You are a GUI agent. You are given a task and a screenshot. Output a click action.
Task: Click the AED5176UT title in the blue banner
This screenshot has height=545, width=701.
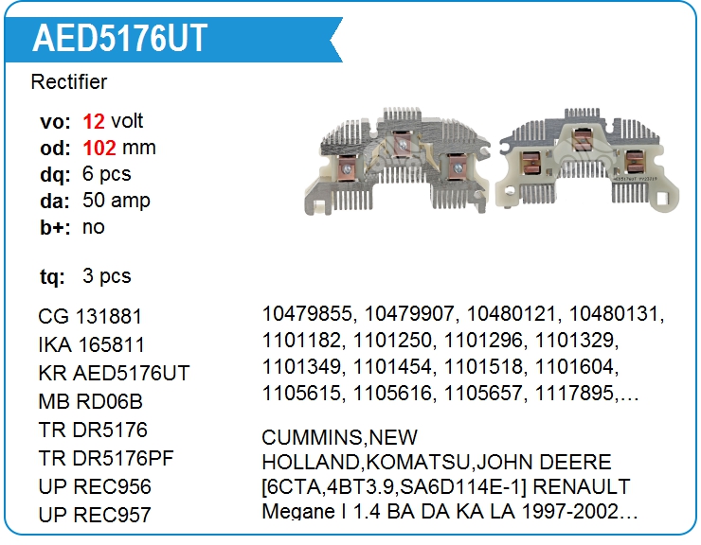coord(119,39)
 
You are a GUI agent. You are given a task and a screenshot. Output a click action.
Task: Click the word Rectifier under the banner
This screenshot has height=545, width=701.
coord(69,82)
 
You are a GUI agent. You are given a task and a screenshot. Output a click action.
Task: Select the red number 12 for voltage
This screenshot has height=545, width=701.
coord(94,121)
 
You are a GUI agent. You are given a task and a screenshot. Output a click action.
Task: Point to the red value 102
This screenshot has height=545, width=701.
coord(99,148)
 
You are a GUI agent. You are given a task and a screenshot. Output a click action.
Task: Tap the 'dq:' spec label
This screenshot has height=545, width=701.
coord(55,175)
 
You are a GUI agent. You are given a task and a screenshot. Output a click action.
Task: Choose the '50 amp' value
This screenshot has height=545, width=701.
coord(117,201)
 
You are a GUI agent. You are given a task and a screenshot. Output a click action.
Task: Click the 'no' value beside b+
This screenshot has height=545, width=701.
coord(94,227)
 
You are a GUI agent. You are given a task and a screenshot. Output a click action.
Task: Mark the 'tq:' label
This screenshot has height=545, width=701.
coord(52,277)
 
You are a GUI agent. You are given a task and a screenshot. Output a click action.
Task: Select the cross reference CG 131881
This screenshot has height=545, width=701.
coord(90,317)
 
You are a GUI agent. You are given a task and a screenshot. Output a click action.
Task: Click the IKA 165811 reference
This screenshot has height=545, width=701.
coord(92,344)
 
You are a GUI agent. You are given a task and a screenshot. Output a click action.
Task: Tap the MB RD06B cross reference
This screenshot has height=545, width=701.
coord(90,401)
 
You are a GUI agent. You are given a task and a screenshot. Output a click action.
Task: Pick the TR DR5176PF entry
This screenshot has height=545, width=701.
coord(106,458)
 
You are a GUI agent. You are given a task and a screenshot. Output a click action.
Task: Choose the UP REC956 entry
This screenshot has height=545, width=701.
coord(95,486)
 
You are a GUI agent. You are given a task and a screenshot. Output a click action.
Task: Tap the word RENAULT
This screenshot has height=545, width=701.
coord(582,486)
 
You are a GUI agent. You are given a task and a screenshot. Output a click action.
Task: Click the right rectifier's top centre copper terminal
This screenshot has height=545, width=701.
coord(582,139)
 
